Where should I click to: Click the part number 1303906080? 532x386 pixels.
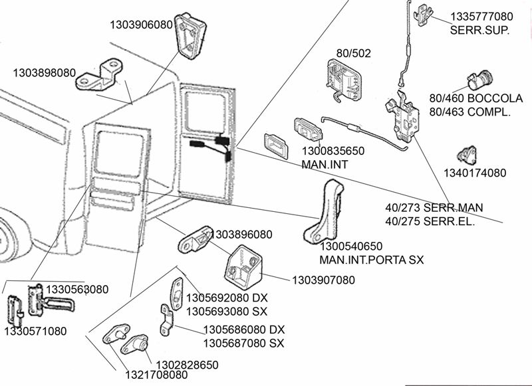tap(141, 25)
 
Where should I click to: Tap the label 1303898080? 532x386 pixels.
tap(44, 72)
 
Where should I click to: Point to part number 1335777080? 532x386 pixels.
tap(481, 16)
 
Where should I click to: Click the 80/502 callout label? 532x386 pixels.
tap(354, 52)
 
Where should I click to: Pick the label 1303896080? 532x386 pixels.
tap(241, 235)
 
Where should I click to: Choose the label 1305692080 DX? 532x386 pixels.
tap(227, 298)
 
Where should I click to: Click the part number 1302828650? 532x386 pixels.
tap(186, 365)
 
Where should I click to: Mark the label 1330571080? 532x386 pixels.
tap(35, 330)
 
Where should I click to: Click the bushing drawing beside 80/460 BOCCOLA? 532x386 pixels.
tap(477, 80)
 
